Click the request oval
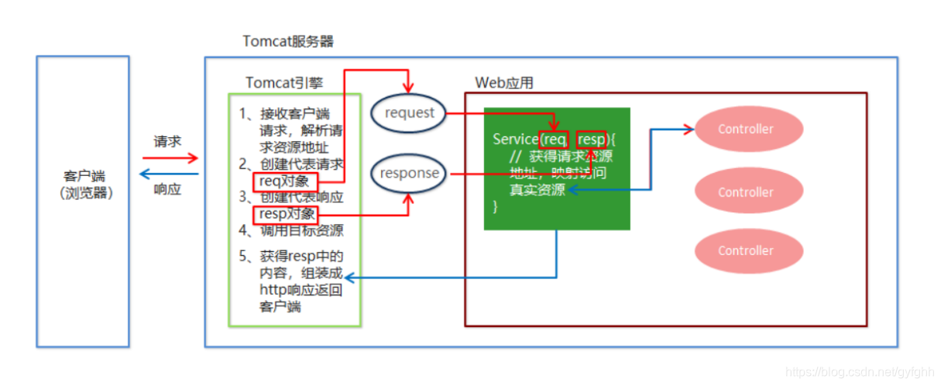pyautogui.click(x=409, y=113)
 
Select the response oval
pyautogui.click(x=409, y=174)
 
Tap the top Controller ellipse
pyautogui.click(x=745, y=129)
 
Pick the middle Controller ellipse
pyautogui.click(x=745, y=192)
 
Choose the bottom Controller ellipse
pyautogui.click(x=745, y=250)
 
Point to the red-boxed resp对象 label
pyautogui.click(x=286, y=213)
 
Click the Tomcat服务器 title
pyautogui.click(x=288, y=41)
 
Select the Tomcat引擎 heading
pyautogui.click(x=284, y=82)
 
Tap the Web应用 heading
pyautogui.click(x=504, y=83)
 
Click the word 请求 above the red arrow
pyautogui.click(x=167, y=143)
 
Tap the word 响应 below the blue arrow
pyautogui.click(x=167, y=189)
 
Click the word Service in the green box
pyautogui.click(x=515, y=140)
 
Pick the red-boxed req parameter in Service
pyautogui.click(x=555, y=140)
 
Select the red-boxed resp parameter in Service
pyautogui.click(x=592, y=140)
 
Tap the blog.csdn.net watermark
pyautogui.click(x=857, y=373)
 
